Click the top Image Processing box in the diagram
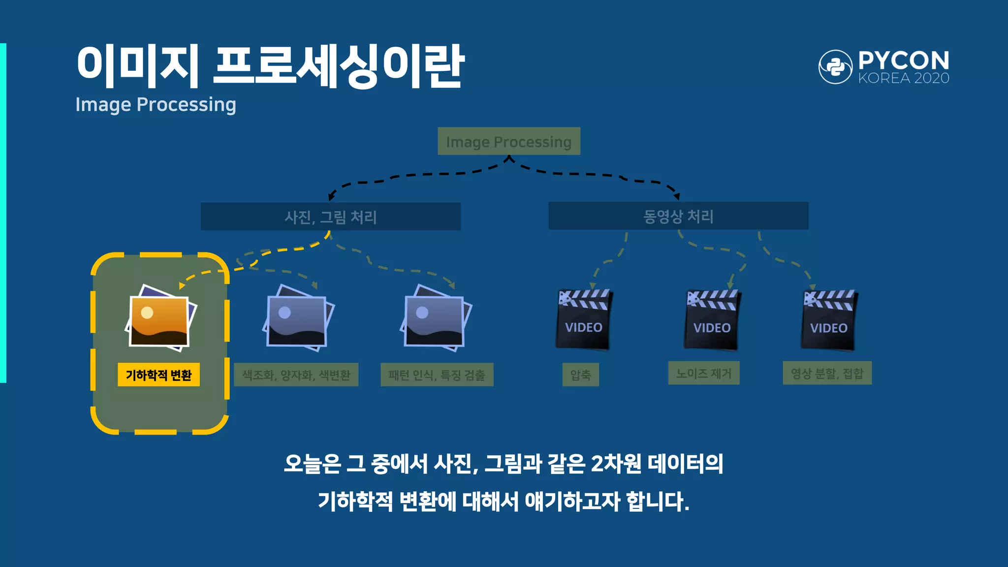(508, 141)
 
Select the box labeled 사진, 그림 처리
(330, 217)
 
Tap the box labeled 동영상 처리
(678, 216)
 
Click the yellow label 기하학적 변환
(158, 375)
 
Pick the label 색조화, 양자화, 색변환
(296, 375)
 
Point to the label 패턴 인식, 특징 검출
(437, 375)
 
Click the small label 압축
(580, 375)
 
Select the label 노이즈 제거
(703, 373)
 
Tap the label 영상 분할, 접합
(827, 373)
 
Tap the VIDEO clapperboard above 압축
(584, 320)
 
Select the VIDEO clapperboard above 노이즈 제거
(712, 320)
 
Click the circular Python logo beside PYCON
(835, 67)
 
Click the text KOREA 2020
(903, 78)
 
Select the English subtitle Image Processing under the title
(156, 104)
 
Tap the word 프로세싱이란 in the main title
(339, 66)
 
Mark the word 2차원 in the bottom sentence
(616, 464)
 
